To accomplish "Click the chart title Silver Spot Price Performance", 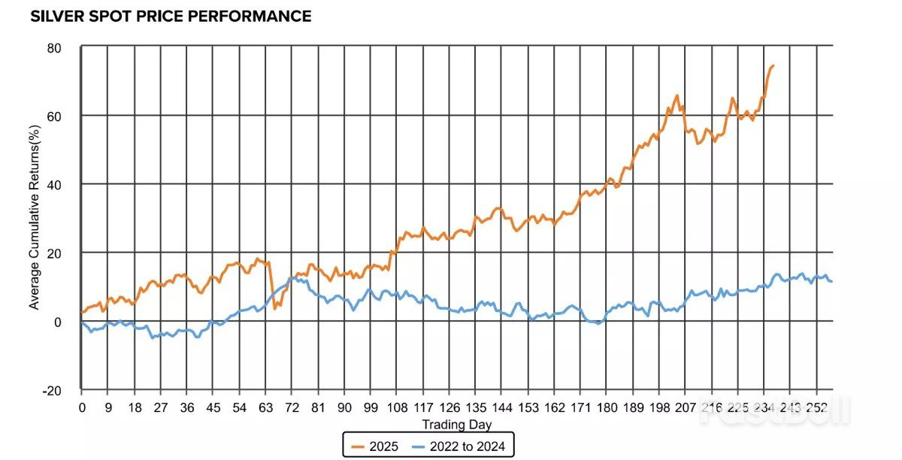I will click(171, 16).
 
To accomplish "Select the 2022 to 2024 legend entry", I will click(463, 446).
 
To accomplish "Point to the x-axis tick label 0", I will click(82, 407).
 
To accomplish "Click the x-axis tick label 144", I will click(502, 407).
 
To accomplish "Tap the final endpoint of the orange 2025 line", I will click(773, 65).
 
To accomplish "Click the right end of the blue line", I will click(832, 281).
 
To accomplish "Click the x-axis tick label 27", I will click(160, 407).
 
